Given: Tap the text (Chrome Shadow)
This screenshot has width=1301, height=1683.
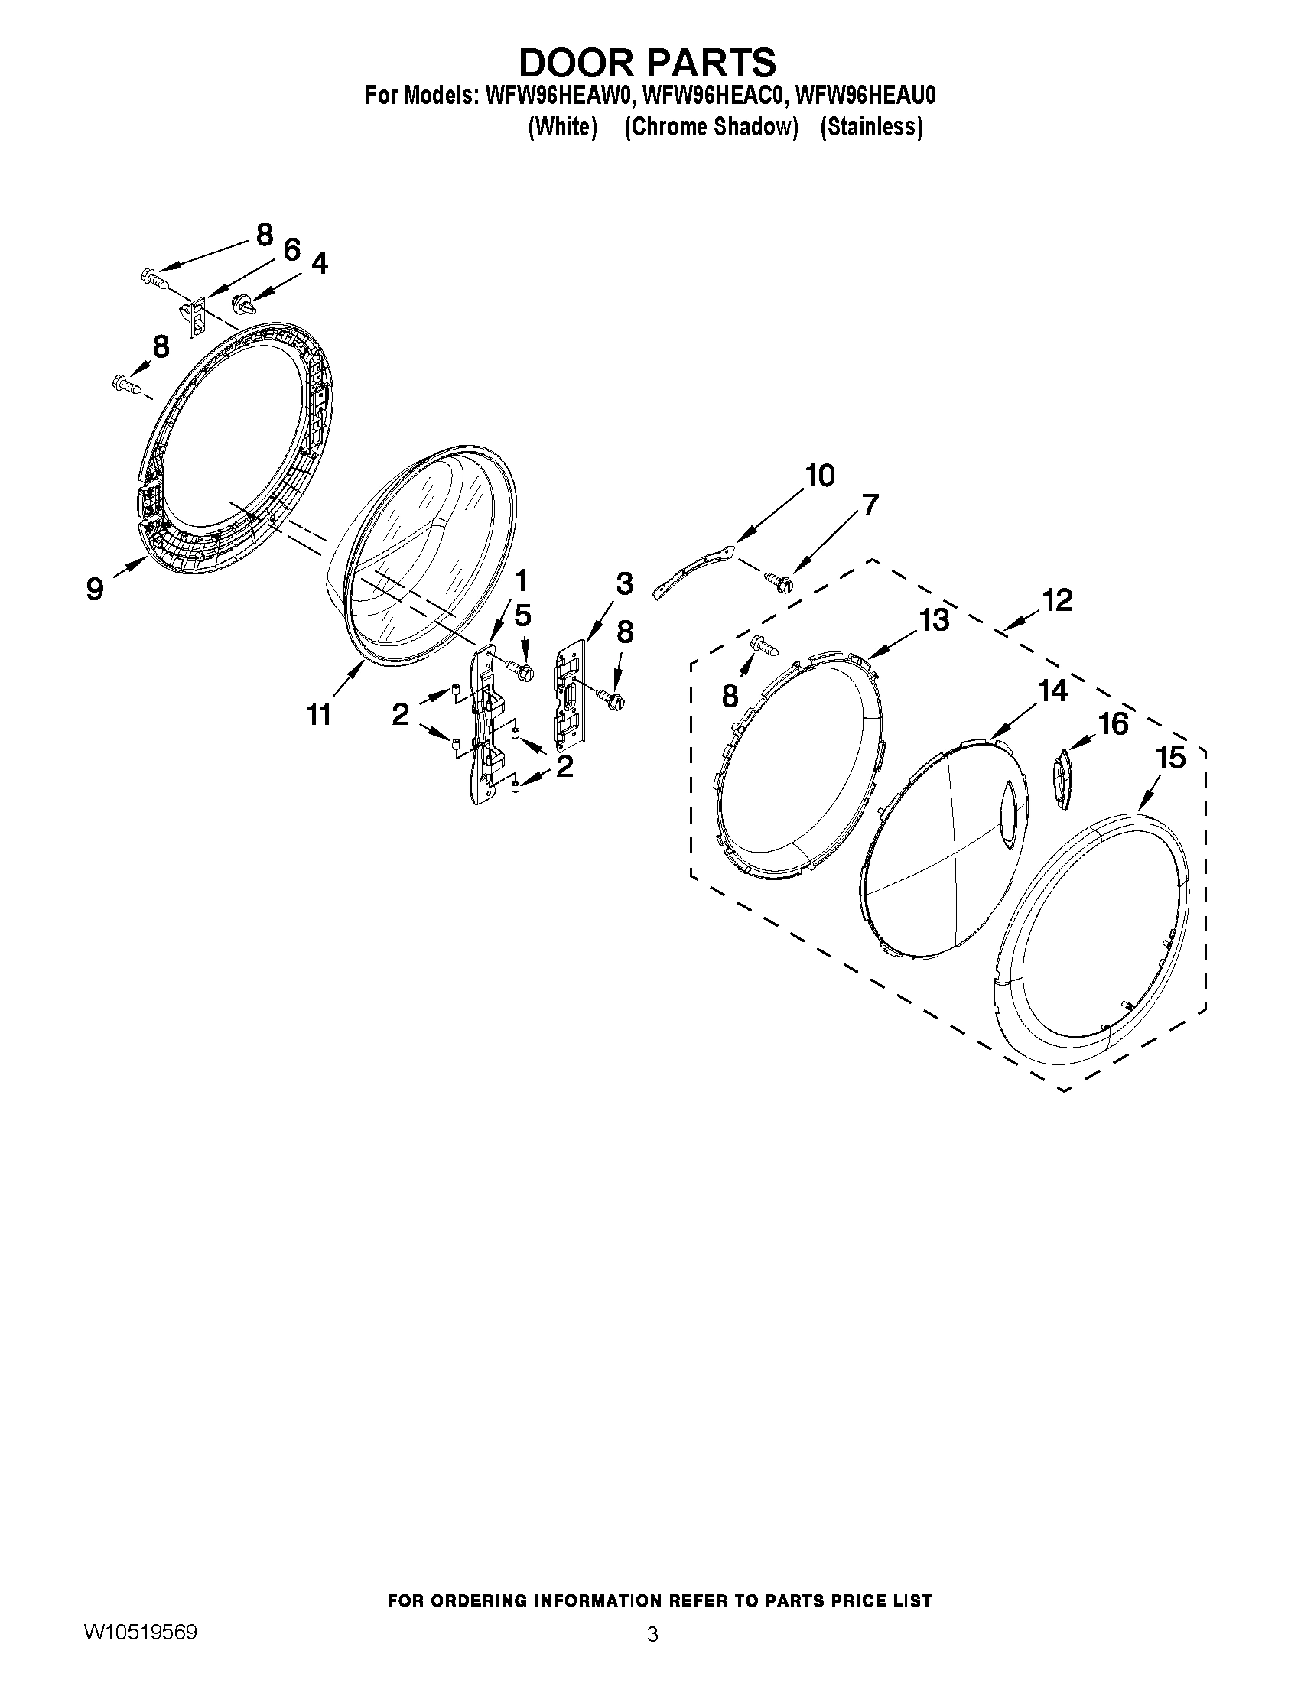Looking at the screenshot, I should (x=710, y=126).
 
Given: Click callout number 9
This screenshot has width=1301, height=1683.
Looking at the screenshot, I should (x=95, y=590).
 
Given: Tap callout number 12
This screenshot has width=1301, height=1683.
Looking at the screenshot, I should (x=1058, y=599).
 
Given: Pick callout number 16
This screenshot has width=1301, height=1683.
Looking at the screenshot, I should (x=1114, y=723).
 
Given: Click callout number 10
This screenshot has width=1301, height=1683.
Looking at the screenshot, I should (x=820, y=476).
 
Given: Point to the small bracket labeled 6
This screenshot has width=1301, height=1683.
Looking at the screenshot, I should (x=196, y=316).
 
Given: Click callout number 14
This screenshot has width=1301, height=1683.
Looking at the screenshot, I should (x=1052, y=690).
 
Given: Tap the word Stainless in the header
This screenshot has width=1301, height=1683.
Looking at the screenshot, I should (x=871, y=126).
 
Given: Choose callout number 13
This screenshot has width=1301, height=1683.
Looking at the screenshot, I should (x=935, y=619).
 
